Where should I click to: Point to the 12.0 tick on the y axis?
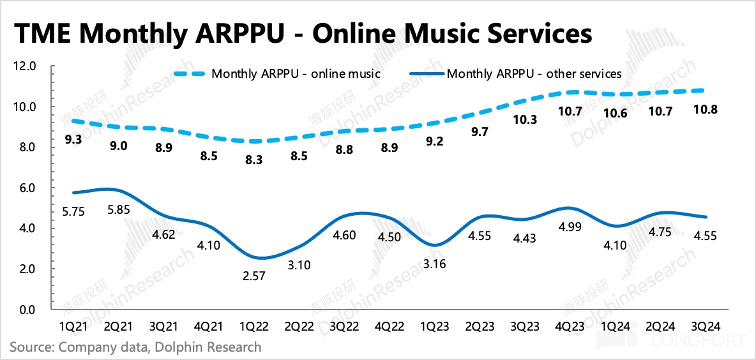(x=26, y=66)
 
